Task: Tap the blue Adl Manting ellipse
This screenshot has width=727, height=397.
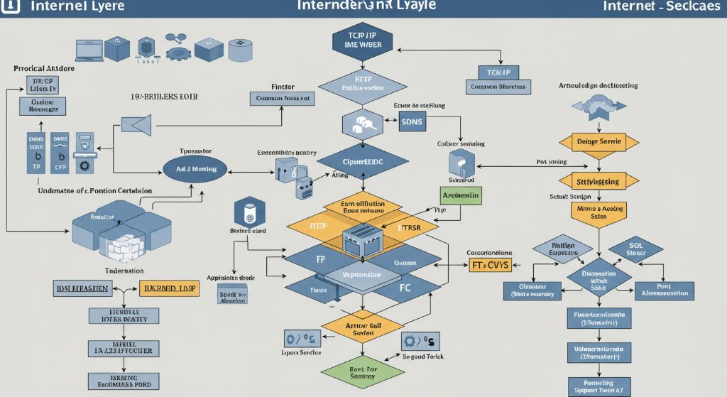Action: (195, 168)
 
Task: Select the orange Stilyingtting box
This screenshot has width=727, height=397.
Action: (596, 182)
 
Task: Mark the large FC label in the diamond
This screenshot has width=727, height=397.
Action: (405, 289)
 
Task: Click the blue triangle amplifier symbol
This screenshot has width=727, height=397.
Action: (138, 126)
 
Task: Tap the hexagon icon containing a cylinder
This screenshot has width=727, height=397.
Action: (248, 212)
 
